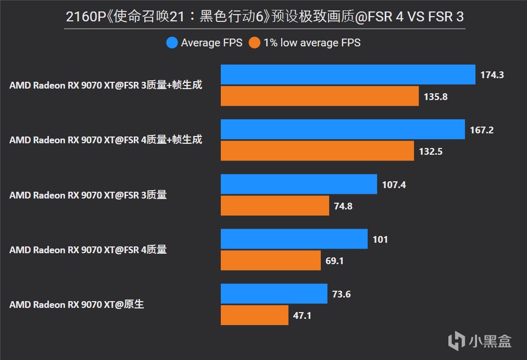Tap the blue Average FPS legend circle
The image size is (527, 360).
pos(172,43)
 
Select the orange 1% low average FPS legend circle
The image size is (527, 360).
pos(255,43)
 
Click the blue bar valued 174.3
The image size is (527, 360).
pos(348,75)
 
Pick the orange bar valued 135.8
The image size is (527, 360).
pos(320,96)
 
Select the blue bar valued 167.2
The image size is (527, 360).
pos(343,129)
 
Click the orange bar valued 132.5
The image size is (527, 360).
pos(317,151)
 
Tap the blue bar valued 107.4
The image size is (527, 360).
pos(299,184)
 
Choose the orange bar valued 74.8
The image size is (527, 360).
pos(275,206)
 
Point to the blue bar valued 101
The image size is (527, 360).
pos(294,239)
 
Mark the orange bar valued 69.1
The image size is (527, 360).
pos(271,260)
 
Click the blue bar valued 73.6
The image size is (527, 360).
pos(274,294)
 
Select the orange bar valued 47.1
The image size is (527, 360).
pos(255,315)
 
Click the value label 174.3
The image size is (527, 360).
pos(492,75)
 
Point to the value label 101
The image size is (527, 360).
pos(380,239)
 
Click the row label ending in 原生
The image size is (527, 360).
pos(77,304)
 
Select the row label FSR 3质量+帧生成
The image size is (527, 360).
pos(106,85)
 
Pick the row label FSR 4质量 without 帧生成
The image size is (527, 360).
pos(88,250)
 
